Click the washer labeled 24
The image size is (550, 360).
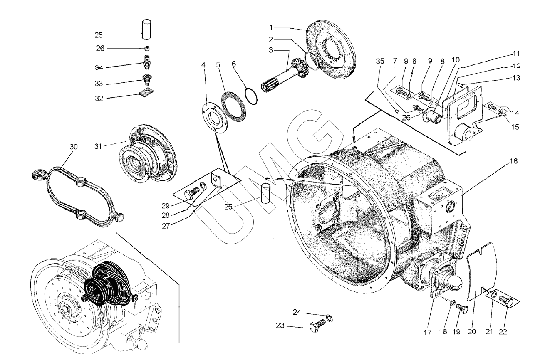pyautogui.click(x=329, y=318)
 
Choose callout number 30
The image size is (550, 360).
pyautogui.click(x=73, y=147)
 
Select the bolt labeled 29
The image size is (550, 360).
pyautogui.click(x=192, y=194)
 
